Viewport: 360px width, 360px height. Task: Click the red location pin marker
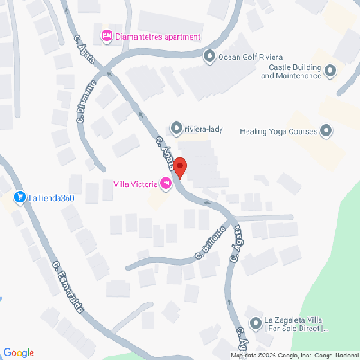click(179, 167)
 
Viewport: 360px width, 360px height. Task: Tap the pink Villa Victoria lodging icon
click(166, 184)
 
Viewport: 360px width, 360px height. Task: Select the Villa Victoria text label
click(135, 184)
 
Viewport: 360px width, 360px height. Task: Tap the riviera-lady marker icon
click(176, 129)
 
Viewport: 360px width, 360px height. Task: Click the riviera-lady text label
click(202, 129)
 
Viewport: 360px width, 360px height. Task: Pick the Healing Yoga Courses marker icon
click(326, 131)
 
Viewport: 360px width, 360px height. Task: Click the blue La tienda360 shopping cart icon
click(20, 197)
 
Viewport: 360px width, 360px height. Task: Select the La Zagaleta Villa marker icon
click(255, 323)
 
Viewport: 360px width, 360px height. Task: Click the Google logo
click(18, 352)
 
